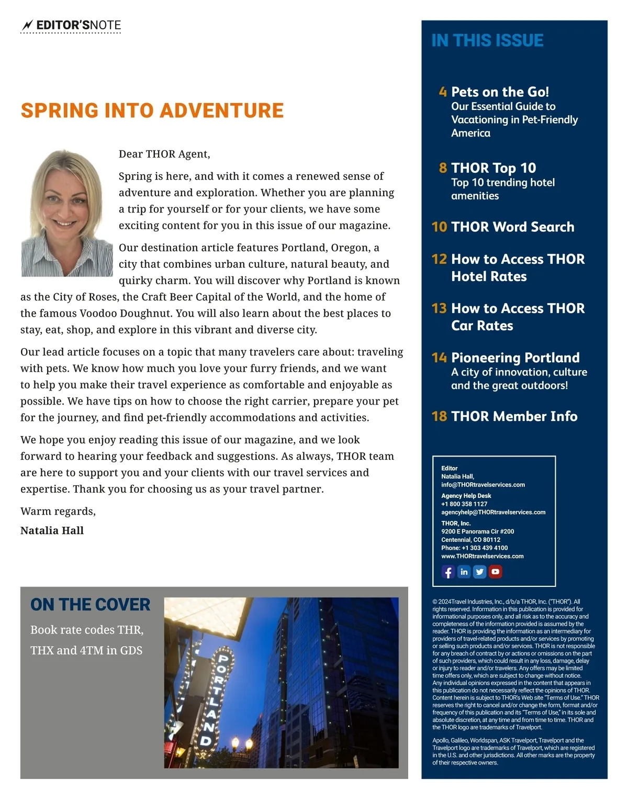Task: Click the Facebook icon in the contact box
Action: click(x=448, y=572)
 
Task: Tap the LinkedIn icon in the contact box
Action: click(x=464, y=572)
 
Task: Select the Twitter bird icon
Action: click(x=479, y=572)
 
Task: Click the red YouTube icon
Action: click(x=495, y=572)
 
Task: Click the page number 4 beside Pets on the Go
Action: click(x=443, y=92)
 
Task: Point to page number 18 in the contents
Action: click(x=439, y=416)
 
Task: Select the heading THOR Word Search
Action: click(x=512, y=227)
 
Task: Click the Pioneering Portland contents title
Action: click(x=515, y=358)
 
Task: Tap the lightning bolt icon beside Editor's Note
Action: click(x=27, y=25)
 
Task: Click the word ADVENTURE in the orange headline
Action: click(x=221, y=110)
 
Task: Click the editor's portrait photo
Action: click(x=67, y=213)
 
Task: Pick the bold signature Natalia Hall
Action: click(x=52, y=530)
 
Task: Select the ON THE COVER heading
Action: click(x=90, y=605)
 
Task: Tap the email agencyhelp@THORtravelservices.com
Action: click(x=493, y=512)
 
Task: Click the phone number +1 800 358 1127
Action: click(x=464, y=504)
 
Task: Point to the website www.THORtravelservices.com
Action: click(x=482, y=556)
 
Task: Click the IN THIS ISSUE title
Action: click(x=487, y=40)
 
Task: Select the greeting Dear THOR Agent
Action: click(x=164, y=154)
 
